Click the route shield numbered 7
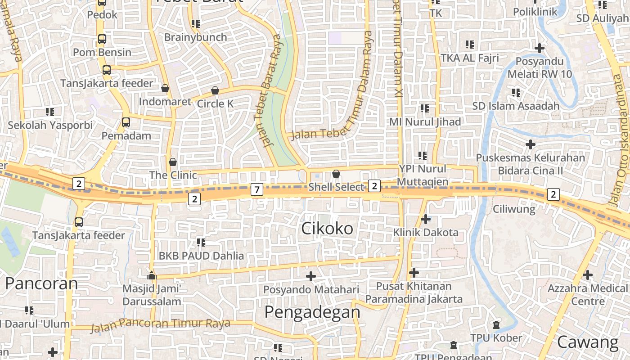(256, 189)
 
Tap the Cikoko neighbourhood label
(327, 229)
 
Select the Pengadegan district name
(312, 312)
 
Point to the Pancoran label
(41, 283)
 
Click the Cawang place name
(588, 342)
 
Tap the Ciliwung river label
(514, 209)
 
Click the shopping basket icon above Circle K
(215, 90)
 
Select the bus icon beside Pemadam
(126, 122)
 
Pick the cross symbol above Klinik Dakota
(426, 219)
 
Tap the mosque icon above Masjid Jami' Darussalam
(152, 275)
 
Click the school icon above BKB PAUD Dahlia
(201, 243)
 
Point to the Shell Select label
(336, 187)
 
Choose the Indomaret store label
(165, 102)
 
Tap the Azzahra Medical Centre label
(587, 294)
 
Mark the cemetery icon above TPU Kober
(496, 324)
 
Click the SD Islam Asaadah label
(516, 106)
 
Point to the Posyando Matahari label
(311, 289)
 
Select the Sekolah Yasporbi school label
(50, 125)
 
